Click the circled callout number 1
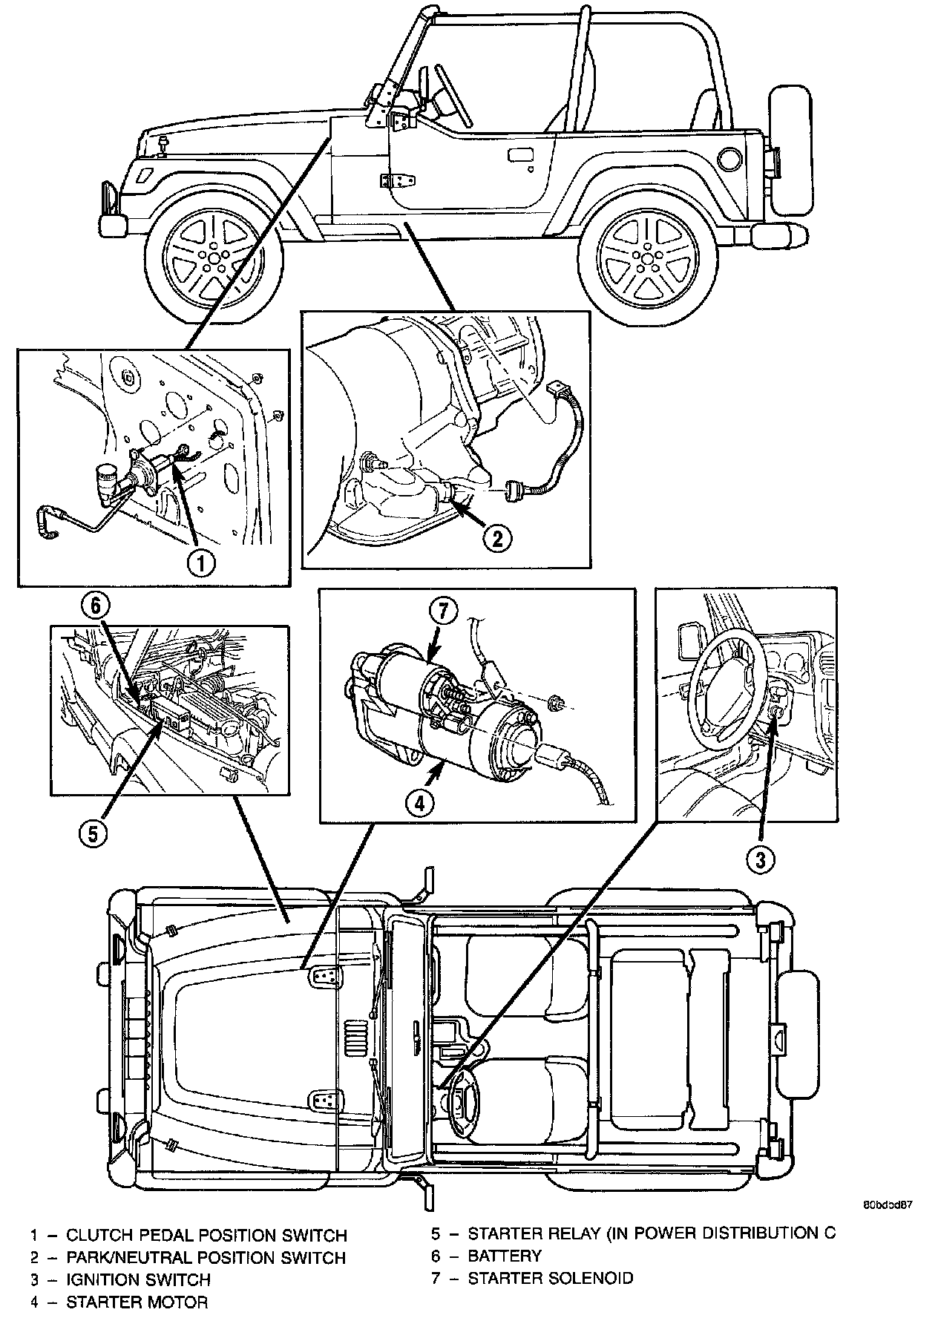pos(200,562)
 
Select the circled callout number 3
pos(759,860)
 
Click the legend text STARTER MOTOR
pos(137,1302)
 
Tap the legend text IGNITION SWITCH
pos(139,1279)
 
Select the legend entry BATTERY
pos(505,1256)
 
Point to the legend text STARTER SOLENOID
pos(551,1278)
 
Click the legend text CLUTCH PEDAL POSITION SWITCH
pos(206,1236)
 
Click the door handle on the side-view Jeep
pos(517,156)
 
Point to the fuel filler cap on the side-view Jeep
pos(729,157)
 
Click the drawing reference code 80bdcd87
pos(887,1205)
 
